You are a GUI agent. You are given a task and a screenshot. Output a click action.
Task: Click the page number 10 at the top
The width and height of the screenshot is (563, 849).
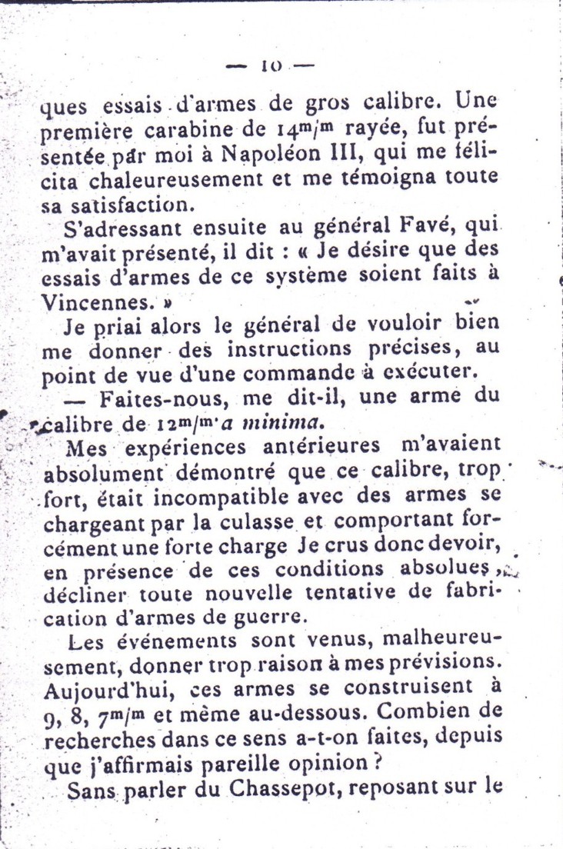272,68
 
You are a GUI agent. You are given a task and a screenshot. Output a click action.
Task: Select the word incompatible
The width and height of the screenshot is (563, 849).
230,496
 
